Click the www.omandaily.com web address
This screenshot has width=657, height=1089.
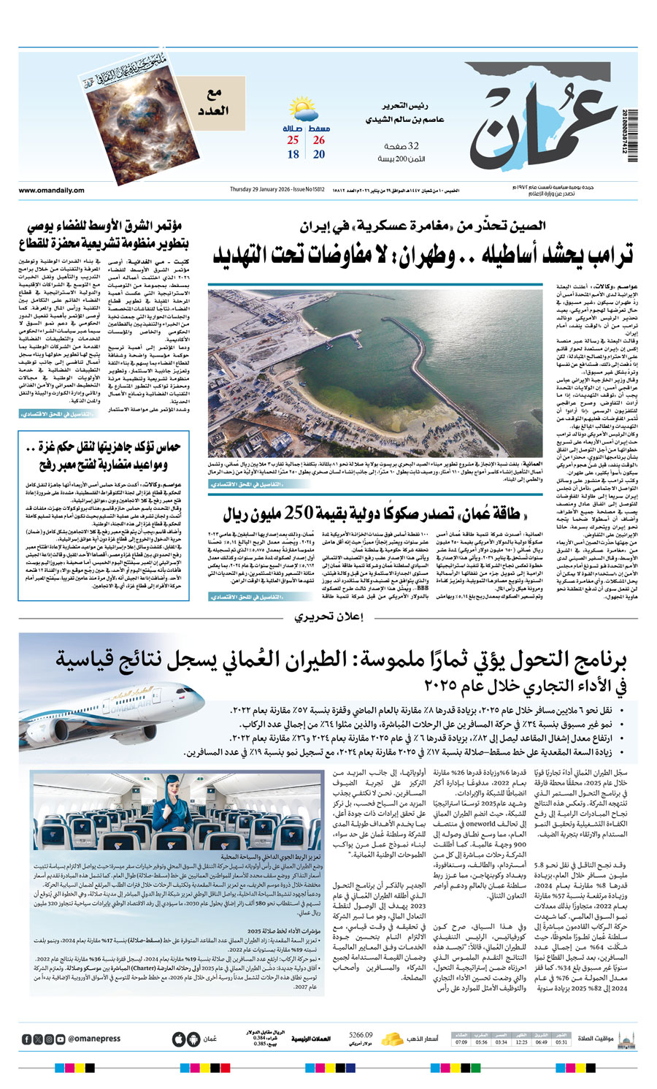point(51,191)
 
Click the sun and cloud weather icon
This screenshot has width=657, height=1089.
point(303,111)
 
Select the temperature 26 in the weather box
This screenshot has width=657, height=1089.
point(319,140)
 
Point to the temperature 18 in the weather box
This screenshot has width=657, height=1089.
point(293,155)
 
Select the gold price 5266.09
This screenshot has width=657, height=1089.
point(361,1034)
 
